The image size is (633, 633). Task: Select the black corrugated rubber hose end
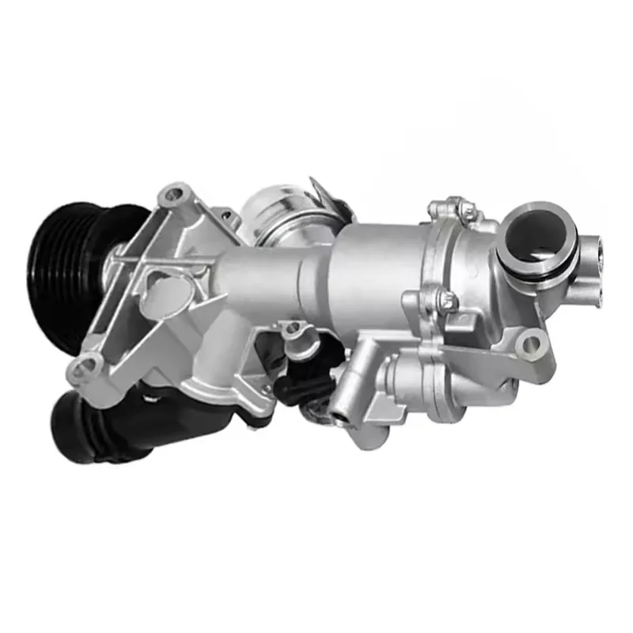click(87, 431)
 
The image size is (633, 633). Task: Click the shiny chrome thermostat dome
click(269, 210)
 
